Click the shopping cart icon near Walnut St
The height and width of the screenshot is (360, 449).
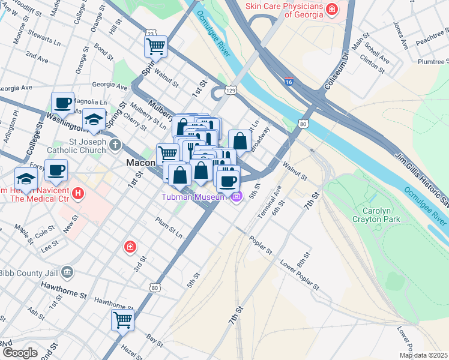coord(155,46)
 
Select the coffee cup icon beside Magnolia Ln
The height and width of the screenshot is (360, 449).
coord(62,103)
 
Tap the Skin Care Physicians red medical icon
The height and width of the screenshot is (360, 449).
coord(330,10)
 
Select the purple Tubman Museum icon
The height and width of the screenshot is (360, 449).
coord(237,197)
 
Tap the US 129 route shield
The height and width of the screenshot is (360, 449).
coord(230,90)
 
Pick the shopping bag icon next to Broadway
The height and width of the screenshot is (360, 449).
coord(240,141)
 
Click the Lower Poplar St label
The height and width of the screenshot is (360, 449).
coord(300,274)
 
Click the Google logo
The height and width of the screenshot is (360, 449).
coord(20,353)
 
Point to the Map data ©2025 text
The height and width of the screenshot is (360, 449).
coord(423,355)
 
